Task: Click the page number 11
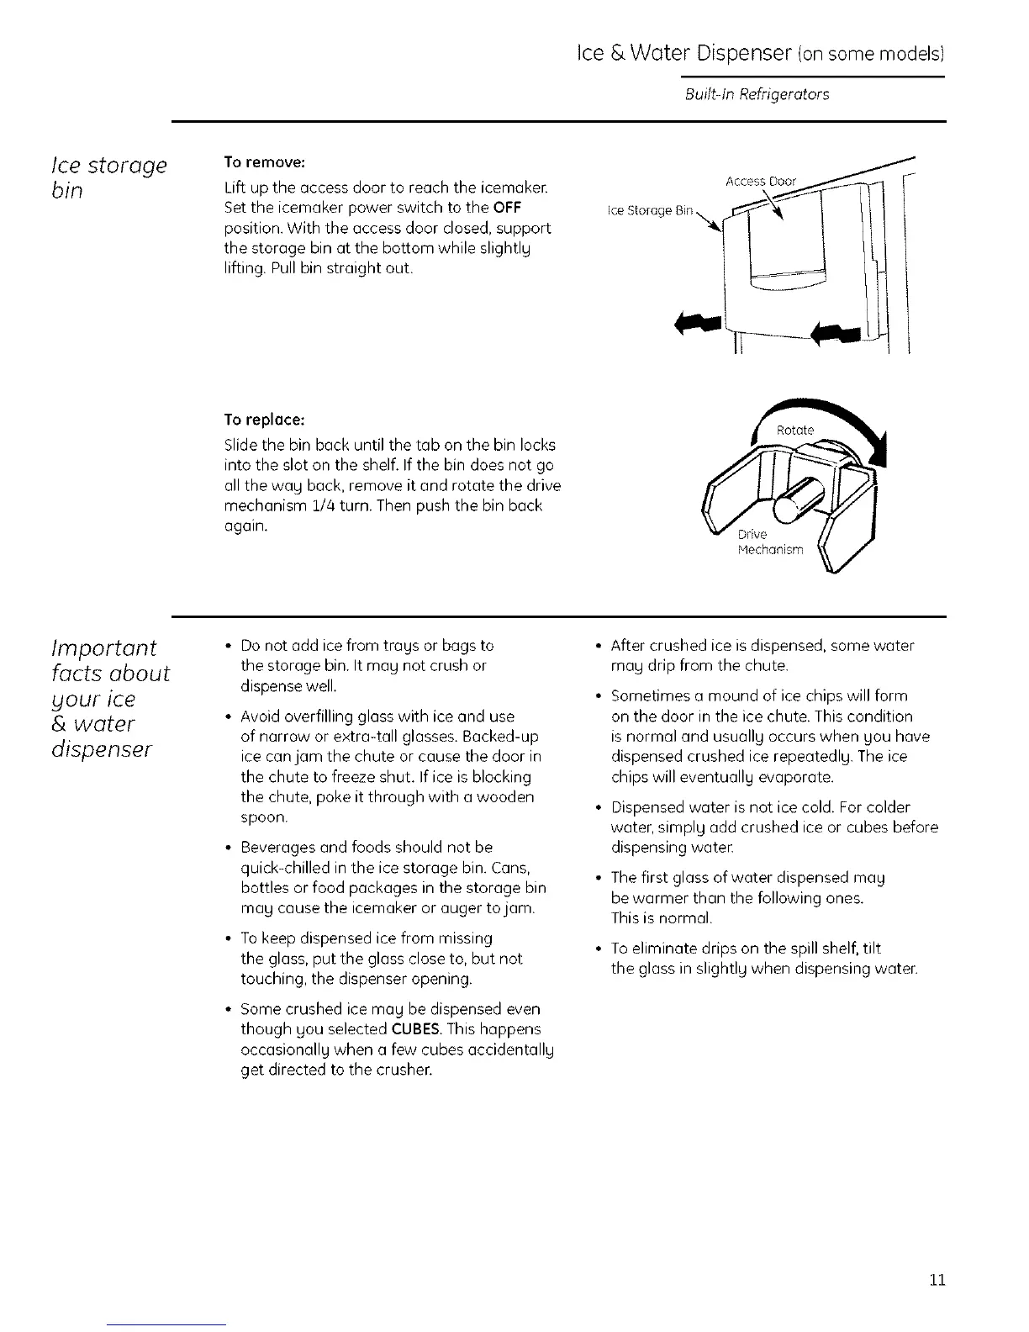point(938,1281)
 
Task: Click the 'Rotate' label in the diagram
point(794,430)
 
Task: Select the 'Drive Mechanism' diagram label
point(769,542)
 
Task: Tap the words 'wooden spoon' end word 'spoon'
point(263,817)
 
